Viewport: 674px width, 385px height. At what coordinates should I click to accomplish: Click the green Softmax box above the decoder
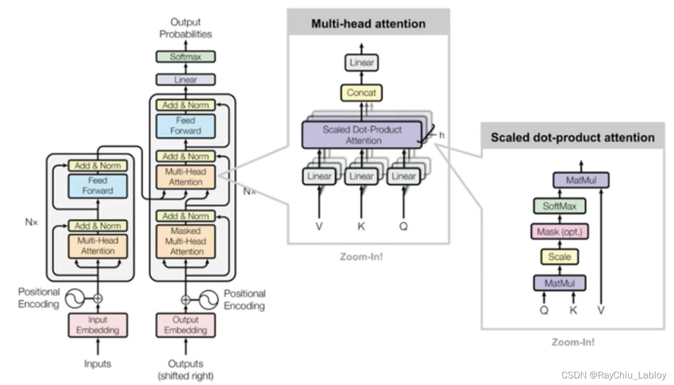click(x=185, y=57)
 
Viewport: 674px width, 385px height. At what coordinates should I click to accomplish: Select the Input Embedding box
click(x=98, y=325)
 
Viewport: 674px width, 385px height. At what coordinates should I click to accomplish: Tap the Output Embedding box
click(x=185, y=325)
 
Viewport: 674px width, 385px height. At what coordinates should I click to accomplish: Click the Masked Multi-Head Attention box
click(x=185, y=241)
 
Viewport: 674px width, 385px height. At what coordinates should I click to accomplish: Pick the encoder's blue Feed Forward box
click(x=98, y=185)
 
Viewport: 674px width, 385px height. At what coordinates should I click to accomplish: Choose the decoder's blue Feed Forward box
click(x=185, y=125)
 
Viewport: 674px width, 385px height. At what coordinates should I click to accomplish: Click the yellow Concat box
click(x=361, y=93)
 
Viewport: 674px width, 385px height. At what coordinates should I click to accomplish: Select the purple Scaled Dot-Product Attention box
click(x=362, y=135)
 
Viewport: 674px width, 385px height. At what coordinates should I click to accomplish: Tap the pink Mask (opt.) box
click(x=559, y=232)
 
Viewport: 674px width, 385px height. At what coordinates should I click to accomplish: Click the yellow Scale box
click(x=559, y=257)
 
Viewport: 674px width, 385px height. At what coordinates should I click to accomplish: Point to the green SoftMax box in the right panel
click(x=559, y=206)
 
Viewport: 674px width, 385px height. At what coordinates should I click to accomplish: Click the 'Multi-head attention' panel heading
click(x=368, y=24)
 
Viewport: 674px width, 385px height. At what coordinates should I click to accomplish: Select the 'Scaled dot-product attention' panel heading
click(x=572, y=137)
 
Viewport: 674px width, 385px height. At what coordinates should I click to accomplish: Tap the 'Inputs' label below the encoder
click(x=98, y=364)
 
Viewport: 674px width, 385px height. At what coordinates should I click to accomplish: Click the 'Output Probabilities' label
click(x=185, y=28)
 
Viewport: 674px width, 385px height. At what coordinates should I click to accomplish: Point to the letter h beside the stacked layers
click(x=442, y=135)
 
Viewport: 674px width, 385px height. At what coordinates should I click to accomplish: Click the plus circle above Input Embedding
click(x=98, y=299)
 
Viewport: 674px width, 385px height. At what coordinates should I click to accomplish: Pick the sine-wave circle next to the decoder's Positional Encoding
click(x=209, y=299)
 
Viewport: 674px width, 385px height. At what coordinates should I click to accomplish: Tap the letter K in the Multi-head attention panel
click(x=361, y=226)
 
